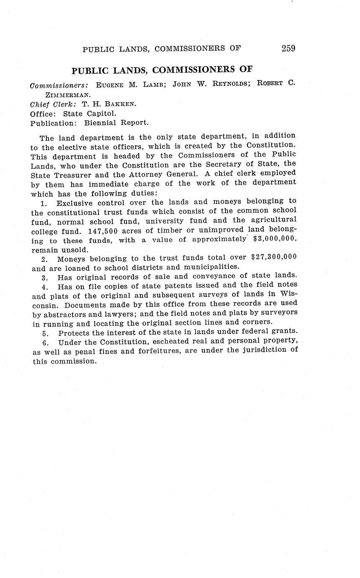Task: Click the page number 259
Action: coord(288,48)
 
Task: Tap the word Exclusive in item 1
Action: coord(77,203)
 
